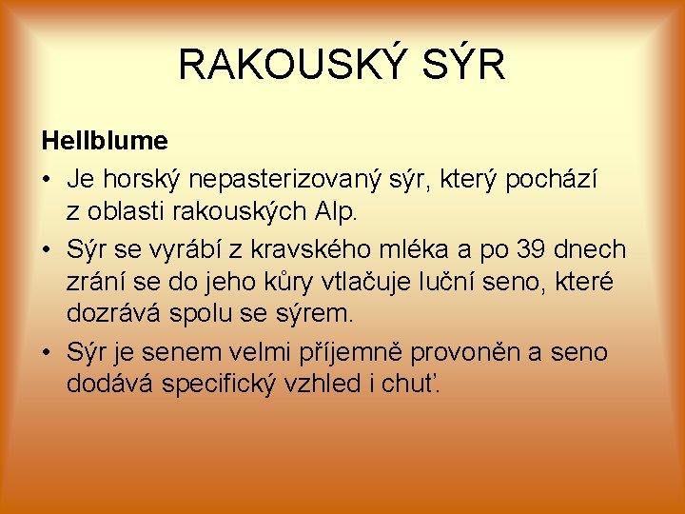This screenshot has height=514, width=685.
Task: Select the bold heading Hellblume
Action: click(105, 142)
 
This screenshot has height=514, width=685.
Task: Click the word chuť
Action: click(421, 384)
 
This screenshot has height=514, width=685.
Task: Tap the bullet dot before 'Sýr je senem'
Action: click(46, 353)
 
